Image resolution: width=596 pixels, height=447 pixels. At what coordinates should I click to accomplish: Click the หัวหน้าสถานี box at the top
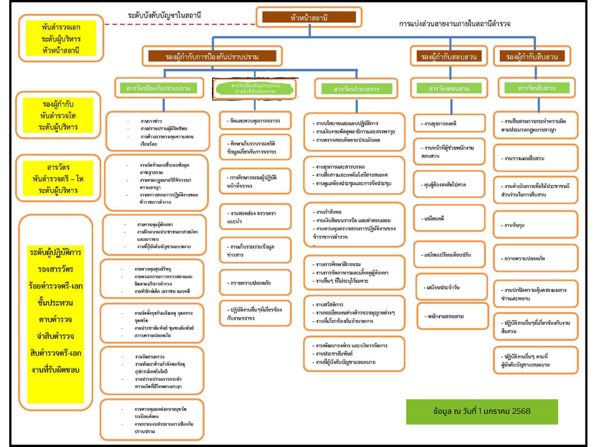click(308, 17)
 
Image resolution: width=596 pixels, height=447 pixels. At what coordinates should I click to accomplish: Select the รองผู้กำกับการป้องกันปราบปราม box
click(211, 56)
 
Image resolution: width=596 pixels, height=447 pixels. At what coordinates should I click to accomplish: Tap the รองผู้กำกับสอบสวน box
click(448, 56)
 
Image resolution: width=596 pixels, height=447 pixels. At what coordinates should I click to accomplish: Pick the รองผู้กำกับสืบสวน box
click(532, 56)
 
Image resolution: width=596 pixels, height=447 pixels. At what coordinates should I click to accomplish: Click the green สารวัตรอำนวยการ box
click(356, 90)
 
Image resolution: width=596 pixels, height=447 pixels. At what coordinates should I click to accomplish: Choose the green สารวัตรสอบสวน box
click(449, 88)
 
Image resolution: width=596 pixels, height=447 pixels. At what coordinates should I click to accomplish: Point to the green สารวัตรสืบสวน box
click(536, 88)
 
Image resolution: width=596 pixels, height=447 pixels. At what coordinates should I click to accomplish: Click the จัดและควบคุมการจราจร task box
click(256, 121)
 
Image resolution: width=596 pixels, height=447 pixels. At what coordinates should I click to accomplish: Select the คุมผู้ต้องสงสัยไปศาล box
click(448, 185)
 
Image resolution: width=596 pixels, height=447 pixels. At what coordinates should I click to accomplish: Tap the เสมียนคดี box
click(448, 218)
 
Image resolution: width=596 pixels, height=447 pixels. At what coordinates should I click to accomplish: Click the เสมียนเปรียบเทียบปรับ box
click(448, 255)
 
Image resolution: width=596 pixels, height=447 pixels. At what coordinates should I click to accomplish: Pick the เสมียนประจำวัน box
click(448, 287)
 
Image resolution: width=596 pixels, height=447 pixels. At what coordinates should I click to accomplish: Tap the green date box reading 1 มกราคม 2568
click(482, 411)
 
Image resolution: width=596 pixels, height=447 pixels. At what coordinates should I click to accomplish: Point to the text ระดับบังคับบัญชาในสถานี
click(168, 15)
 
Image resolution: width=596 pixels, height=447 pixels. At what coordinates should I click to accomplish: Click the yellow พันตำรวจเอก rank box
click(61, 38)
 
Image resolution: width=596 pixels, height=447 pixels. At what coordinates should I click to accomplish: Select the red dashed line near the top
click(180, 24)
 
